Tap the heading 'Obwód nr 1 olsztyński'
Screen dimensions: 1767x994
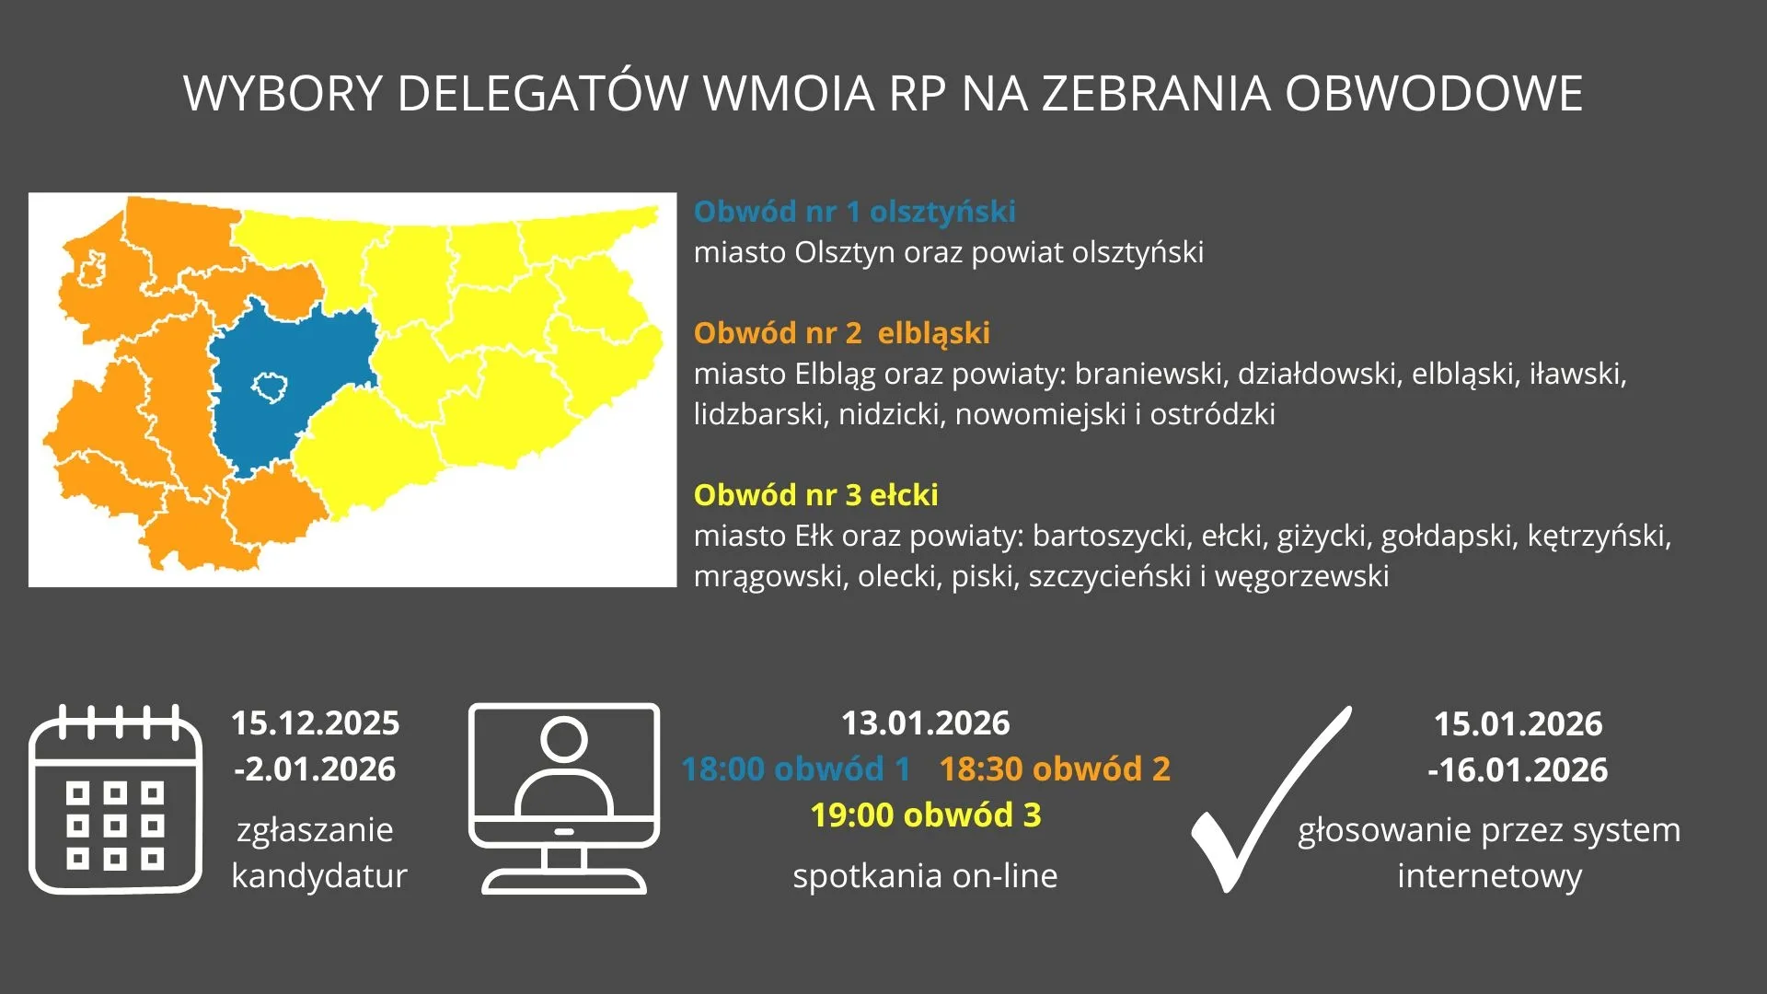[x=855, y=212]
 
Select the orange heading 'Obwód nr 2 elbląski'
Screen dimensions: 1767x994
[x=842, y=333]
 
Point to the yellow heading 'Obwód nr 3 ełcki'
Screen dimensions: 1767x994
[x=816, y=495]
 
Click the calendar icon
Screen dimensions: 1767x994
[x=116, y=799]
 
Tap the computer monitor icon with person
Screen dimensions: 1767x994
[x=564, y=799]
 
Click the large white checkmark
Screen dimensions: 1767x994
[x=1270, y=799]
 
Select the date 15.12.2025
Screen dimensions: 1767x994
[x=316, y=723]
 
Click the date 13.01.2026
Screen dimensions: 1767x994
[x=926, y=723]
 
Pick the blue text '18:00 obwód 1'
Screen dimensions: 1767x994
[x=796, y=769]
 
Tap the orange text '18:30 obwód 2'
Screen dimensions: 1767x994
[x=1055, y=769]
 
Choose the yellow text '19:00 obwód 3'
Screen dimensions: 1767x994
[x=926, y=815]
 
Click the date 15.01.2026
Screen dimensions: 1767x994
[x=1519, y=724]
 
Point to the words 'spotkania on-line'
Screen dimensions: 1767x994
[x=926, y=876]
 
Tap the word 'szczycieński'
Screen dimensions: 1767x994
[x=1111, y=577]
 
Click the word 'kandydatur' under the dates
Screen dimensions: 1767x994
[x=319, y=876]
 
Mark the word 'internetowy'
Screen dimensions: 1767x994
[x=1490, y=876]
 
